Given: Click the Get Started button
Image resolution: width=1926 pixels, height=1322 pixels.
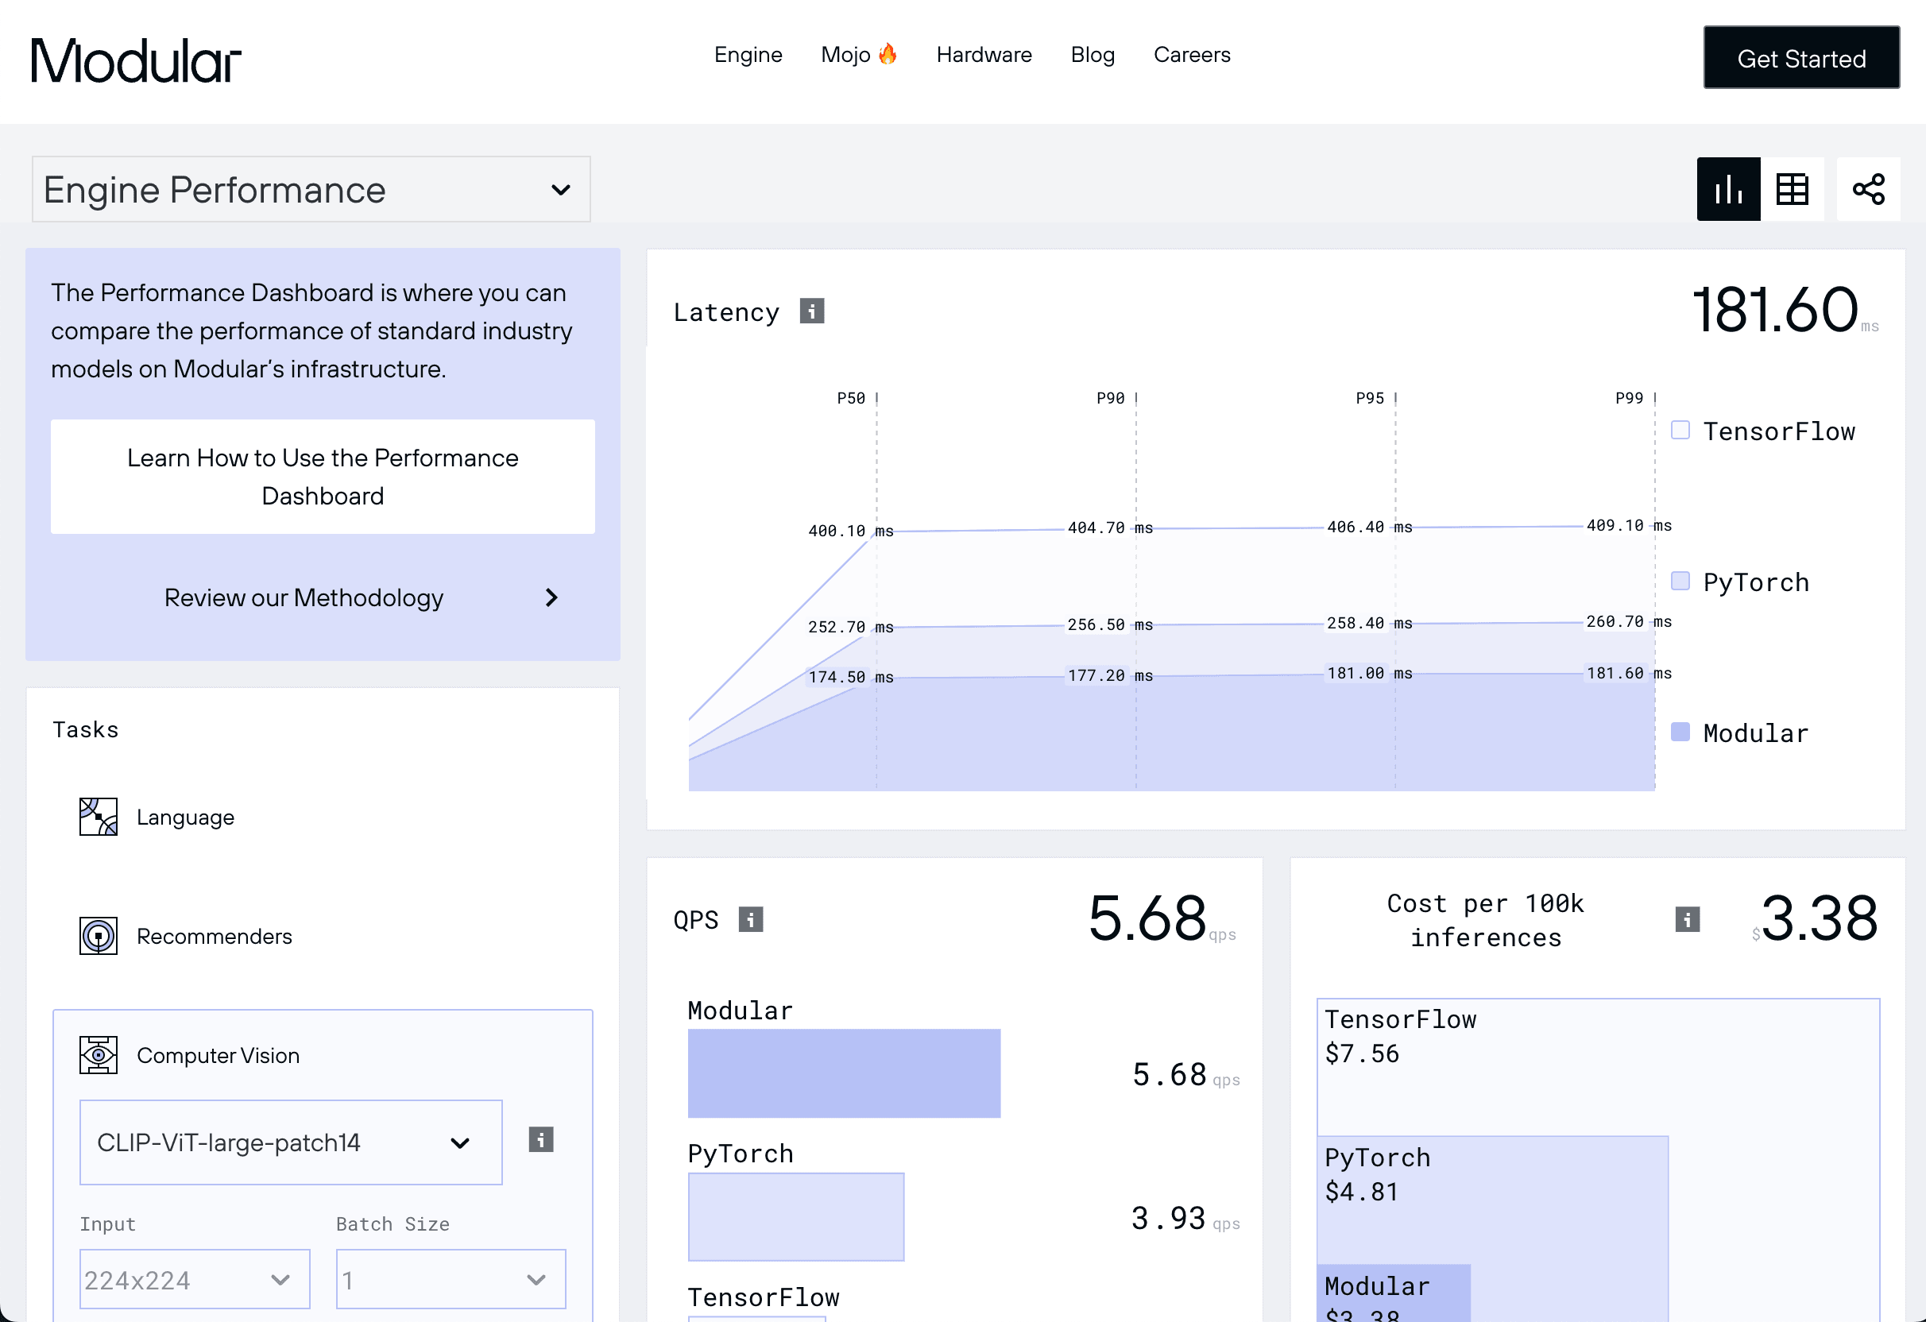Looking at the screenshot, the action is coord(1801,58).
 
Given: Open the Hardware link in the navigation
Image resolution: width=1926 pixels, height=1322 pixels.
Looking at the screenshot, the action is coord(984,55).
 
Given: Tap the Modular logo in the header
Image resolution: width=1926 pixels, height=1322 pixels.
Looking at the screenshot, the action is coord(136,60).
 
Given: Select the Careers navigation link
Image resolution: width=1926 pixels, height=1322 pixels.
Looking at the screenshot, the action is coord(1192,55).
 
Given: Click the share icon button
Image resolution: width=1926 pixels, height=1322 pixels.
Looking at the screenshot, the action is coord(1868,189).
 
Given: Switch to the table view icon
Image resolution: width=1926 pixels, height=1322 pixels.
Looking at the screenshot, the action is coord(1792,189).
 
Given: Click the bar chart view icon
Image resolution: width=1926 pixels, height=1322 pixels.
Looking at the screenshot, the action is coord(1729,189).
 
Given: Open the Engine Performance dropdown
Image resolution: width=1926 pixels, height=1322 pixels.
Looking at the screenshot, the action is coord(311,189).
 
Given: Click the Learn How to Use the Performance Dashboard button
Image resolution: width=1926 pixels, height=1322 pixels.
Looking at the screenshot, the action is coord(323,477).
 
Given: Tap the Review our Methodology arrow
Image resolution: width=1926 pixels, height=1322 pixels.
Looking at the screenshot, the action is coord(552,597).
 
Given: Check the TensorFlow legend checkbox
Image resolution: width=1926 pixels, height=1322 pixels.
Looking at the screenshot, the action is coord(1680,430).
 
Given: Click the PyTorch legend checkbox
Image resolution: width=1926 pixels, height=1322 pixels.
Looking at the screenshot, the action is coord(1680,581).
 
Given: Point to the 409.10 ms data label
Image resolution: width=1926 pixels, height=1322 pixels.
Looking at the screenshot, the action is coord(1629,525).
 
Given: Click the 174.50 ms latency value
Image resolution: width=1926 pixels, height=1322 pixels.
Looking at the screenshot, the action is coord(850,677).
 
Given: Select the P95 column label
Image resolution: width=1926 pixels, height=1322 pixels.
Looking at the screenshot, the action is coord(1370,398).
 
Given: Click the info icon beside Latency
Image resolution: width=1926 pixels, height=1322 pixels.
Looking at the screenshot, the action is coord(811,311).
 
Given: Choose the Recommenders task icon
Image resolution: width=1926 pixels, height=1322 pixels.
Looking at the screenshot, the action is coord(99,936).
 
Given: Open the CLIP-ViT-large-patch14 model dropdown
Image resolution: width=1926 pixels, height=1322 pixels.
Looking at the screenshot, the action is coord(291,1142).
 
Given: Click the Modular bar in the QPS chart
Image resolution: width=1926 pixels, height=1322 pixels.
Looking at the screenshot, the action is coord(844,1073).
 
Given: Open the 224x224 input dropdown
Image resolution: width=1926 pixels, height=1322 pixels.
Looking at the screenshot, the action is coord(195,1279).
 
